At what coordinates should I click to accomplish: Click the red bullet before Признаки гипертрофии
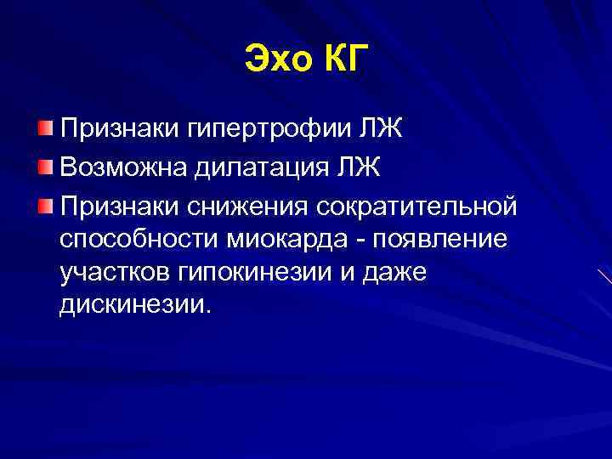(x=45, y=129)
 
